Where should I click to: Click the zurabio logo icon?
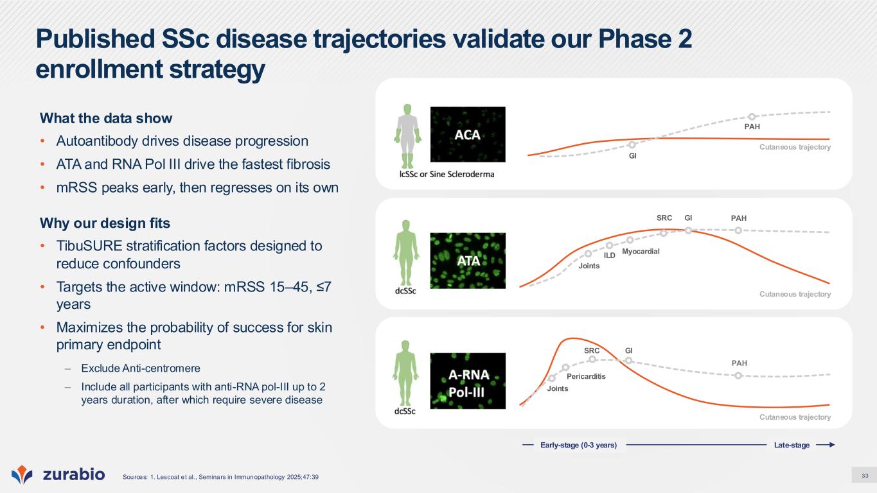click(22, 474)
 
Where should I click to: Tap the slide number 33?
click(865, 476)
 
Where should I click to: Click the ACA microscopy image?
click(468, 134)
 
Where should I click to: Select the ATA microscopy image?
click(468, 261)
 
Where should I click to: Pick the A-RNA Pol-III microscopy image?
click(468, 381)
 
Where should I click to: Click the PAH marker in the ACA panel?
click(752, 117)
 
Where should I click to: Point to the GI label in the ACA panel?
click(633, 156)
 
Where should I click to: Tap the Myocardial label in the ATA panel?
click(641, 251)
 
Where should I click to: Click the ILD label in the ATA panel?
click(610, 255)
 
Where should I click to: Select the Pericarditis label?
click(586, 376)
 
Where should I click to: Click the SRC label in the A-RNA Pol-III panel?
click(592, 350)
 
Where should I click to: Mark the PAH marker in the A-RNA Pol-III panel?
click(738, 376)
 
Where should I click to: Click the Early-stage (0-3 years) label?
click(579, 445)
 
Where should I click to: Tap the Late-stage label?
click(792, 445)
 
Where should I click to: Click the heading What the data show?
click(106, 118)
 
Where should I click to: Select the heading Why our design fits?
click(105, 223)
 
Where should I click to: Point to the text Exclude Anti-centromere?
click(141, 368)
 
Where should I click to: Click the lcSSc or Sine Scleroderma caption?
click(447, 174)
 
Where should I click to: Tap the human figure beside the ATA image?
click(406, 253)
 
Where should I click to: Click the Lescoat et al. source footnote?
click(220, 477)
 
